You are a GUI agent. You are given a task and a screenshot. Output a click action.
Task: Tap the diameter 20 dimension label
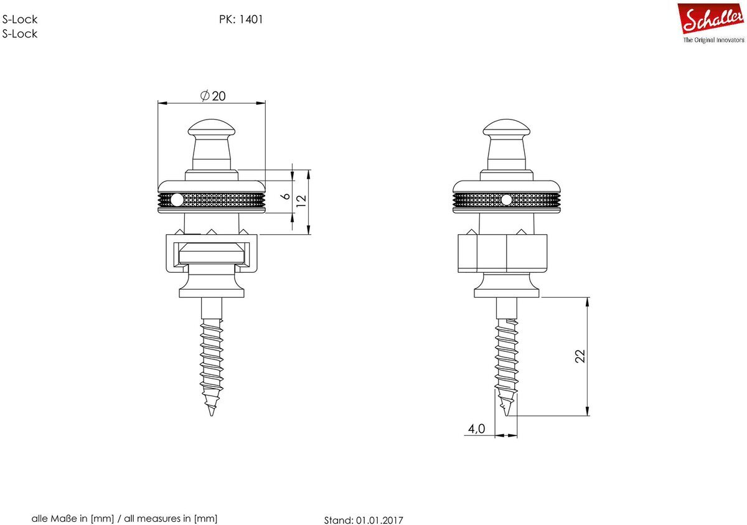pos(213,96)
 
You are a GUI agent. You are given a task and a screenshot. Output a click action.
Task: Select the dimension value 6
pos(286,196)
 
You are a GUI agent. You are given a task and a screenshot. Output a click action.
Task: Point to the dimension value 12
pos(301,201)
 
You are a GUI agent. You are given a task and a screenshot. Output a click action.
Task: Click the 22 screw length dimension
pos(580,356)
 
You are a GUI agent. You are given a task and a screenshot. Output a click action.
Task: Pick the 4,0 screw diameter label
pos(477,428)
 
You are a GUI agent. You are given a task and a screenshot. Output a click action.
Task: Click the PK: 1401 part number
pos(241,19)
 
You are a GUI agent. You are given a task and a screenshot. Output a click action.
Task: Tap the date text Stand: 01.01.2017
pos(364,520)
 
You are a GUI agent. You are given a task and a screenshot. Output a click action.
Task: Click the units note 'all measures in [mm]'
pos(171,518)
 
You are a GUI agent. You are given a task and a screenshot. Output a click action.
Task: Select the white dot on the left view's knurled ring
pos(177,200)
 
